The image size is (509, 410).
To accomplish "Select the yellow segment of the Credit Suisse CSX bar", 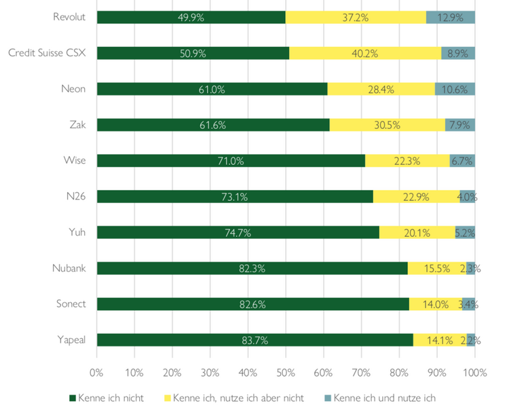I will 365,53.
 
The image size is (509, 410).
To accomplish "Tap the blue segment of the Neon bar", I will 455,89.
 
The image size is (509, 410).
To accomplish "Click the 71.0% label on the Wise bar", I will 231,161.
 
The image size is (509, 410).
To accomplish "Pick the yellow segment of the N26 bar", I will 416,197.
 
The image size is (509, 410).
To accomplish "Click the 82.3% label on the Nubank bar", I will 252,269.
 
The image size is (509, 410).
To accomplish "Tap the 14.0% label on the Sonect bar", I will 434,304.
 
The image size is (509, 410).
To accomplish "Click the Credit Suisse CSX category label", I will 47,53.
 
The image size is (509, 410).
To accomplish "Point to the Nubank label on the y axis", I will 69,269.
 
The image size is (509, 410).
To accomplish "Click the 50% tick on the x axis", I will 286,372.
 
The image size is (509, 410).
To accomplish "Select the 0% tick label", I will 96,372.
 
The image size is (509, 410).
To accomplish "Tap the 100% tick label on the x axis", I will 474,372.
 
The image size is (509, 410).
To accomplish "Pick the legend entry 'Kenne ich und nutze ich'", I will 385,398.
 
